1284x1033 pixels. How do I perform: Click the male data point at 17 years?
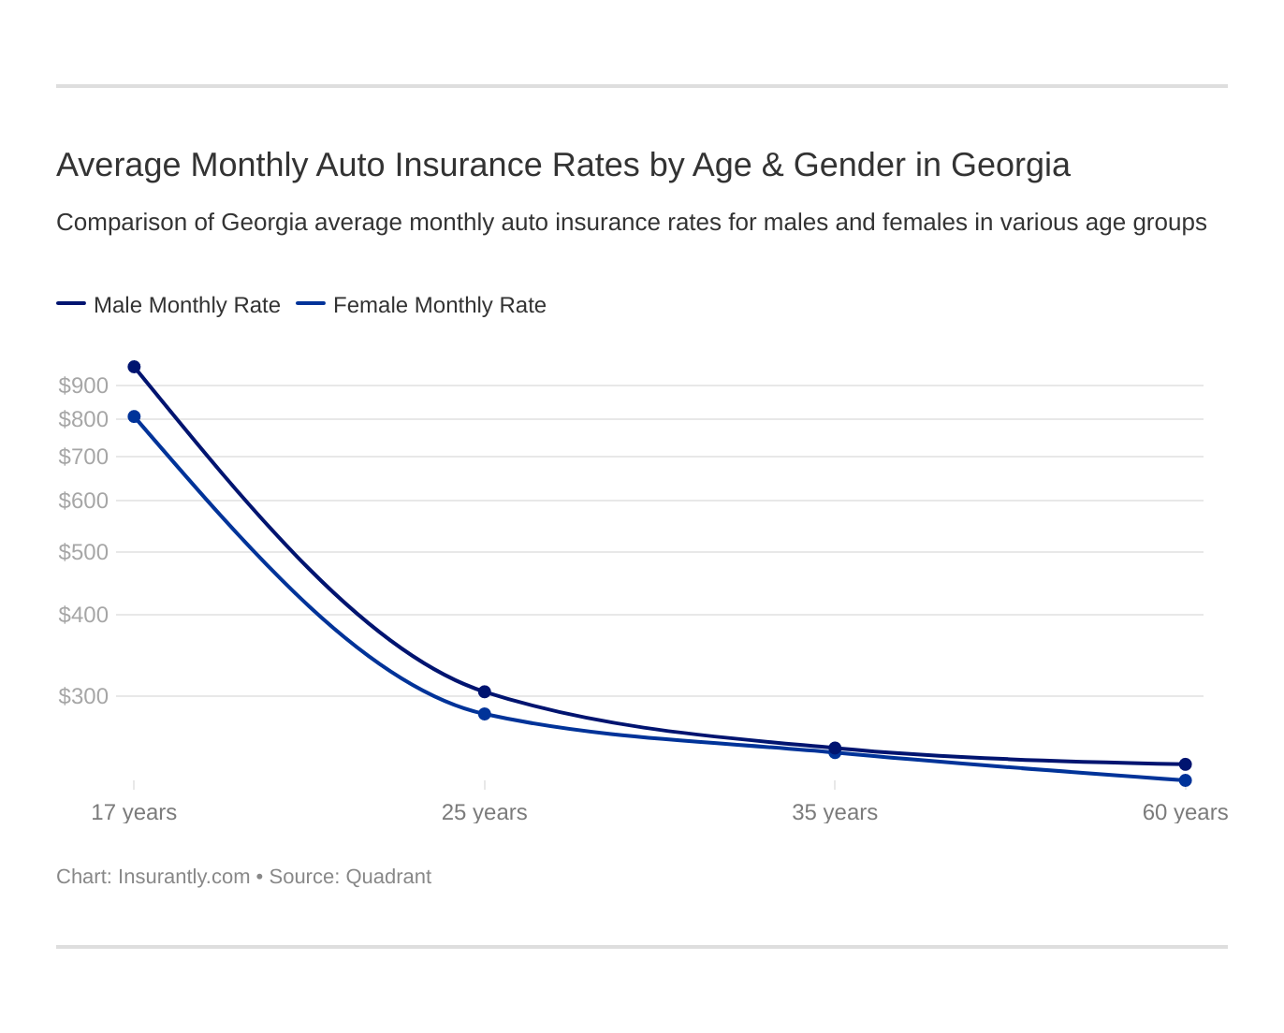[x=134, y=367]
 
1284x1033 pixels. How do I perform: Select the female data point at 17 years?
[x=134, y=416]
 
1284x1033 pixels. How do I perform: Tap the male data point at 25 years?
[x=485, y=691]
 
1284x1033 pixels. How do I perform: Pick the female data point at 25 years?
[x=485, y=714]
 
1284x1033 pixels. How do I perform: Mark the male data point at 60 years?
[x=1185, y=764]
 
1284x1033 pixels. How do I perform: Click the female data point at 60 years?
[x=1185, y=780]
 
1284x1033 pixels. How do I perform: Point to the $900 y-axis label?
[x=83, y=386]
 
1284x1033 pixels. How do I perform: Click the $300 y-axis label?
[x=83, y=696]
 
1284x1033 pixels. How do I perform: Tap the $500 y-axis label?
[x=83, y=552]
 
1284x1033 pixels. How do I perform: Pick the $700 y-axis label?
[x=83, y=457]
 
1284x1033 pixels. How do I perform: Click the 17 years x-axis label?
[x=134, y=812]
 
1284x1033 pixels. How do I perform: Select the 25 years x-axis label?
[x=485, y=812]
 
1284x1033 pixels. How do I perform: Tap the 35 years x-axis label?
[x=835, y=812]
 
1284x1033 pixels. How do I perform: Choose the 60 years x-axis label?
[x=1185, y=812]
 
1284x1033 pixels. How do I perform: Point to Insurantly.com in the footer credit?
[x=183, y=877]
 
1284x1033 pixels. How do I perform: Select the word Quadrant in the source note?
[x=388, y=877]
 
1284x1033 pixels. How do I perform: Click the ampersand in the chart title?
[x=771, y=166]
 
